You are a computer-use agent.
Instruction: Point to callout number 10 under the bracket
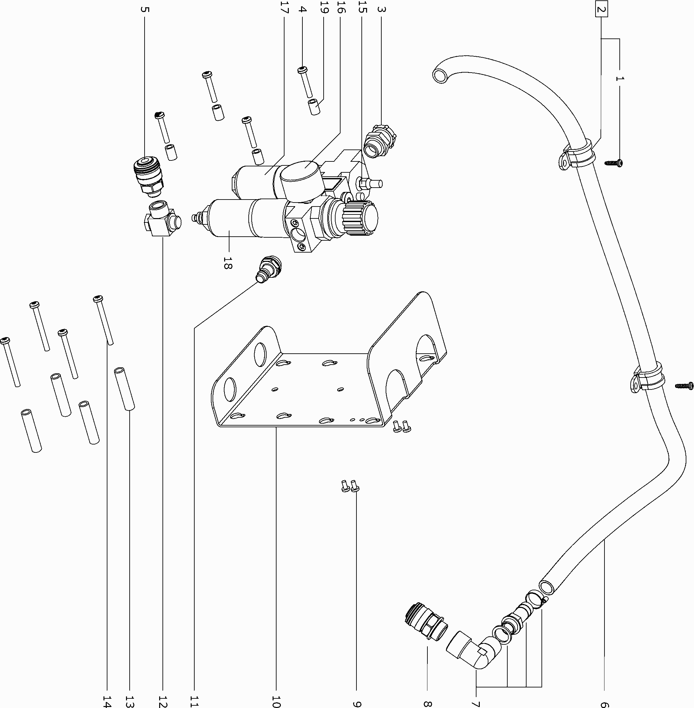coord(276,701)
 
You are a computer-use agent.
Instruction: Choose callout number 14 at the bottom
coord(107,701)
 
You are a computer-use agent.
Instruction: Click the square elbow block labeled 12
coord(161,220)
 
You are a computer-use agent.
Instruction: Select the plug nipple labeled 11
coord(269,268)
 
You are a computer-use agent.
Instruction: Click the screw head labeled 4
coord(302,70)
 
